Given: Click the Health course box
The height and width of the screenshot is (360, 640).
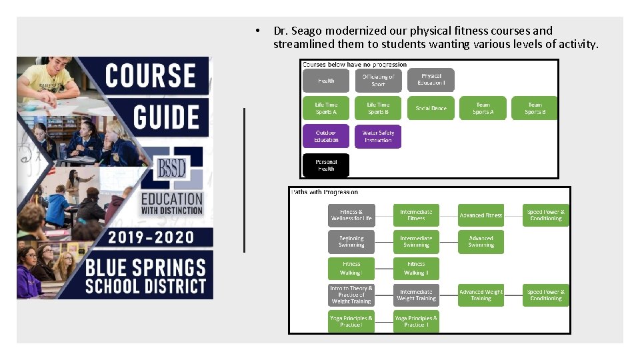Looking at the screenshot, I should coord(326,81).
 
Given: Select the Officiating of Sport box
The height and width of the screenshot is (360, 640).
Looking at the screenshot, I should coord(378,81).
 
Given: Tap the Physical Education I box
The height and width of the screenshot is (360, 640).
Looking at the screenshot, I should coord(431,80).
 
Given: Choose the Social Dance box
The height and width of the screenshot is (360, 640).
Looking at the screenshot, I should coord(431,108).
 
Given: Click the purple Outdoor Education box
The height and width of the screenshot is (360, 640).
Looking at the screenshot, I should coord(326,136).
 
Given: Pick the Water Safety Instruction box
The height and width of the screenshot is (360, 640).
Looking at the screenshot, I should coord(378,136).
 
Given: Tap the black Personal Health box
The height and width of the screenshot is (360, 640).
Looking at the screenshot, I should coord(326,165).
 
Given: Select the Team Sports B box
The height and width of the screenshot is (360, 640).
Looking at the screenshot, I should coord(535,108).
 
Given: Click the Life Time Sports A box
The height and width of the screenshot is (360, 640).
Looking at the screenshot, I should coord(326,108).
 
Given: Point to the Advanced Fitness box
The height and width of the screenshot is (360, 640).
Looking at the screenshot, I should coord(481,215).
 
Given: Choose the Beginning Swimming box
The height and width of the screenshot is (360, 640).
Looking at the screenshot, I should coord(351,241).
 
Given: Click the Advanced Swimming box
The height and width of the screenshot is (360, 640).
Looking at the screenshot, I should coord(481,241).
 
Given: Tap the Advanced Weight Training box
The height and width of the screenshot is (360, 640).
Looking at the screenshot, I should coord(481,295).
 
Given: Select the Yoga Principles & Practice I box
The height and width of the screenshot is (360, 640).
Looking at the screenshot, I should coord(351,321).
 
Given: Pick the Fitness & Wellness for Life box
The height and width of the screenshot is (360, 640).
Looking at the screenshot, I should coord(351,215).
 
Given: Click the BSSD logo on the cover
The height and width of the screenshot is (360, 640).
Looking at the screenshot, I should coord(171,169).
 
